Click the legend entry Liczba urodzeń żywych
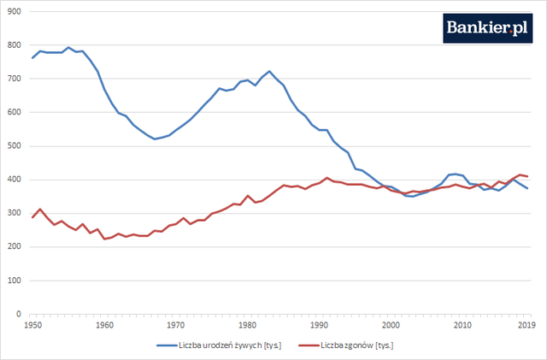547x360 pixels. (221, 345)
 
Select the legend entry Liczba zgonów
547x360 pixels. (358, 345)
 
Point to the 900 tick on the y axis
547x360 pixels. (15, 11)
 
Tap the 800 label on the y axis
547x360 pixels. (15, 45)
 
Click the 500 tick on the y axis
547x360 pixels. (15, 146)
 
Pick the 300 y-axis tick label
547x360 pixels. (15, 214)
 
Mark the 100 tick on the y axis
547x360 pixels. (15, 280)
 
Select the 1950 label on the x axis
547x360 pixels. (32, 325)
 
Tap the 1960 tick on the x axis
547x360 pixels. (104, 325)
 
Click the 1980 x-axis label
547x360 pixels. (247, 325)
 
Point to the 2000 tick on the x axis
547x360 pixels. (391, 325)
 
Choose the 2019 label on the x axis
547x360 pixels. (527, 325)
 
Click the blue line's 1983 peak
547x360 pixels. (269, 71)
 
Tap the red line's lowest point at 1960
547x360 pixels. (104, 239)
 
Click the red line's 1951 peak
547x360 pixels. (39, 209)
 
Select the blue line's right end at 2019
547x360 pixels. (527, 188)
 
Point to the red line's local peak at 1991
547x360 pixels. (326, 178)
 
